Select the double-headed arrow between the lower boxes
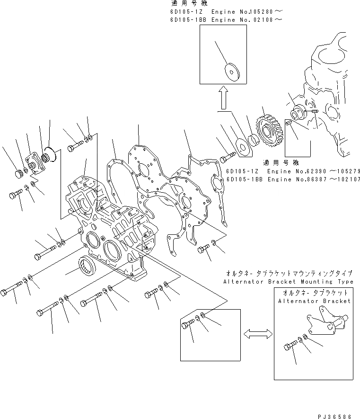(257, 334)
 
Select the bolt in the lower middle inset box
(188, 325)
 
